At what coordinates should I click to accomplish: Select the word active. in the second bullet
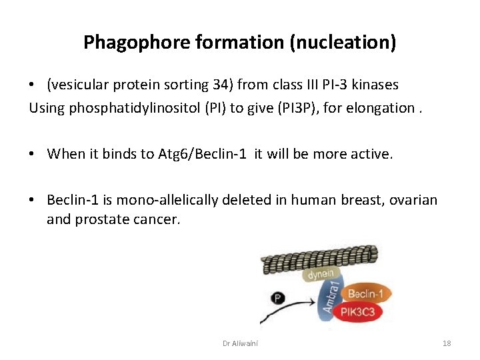coord(373,154)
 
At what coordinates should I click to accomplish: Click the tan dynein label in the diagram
coord(320,274)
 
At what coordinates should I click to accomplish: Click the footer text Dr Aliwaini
coord(240,343)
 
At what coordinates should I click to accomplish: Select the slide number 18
coord(446,343)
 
